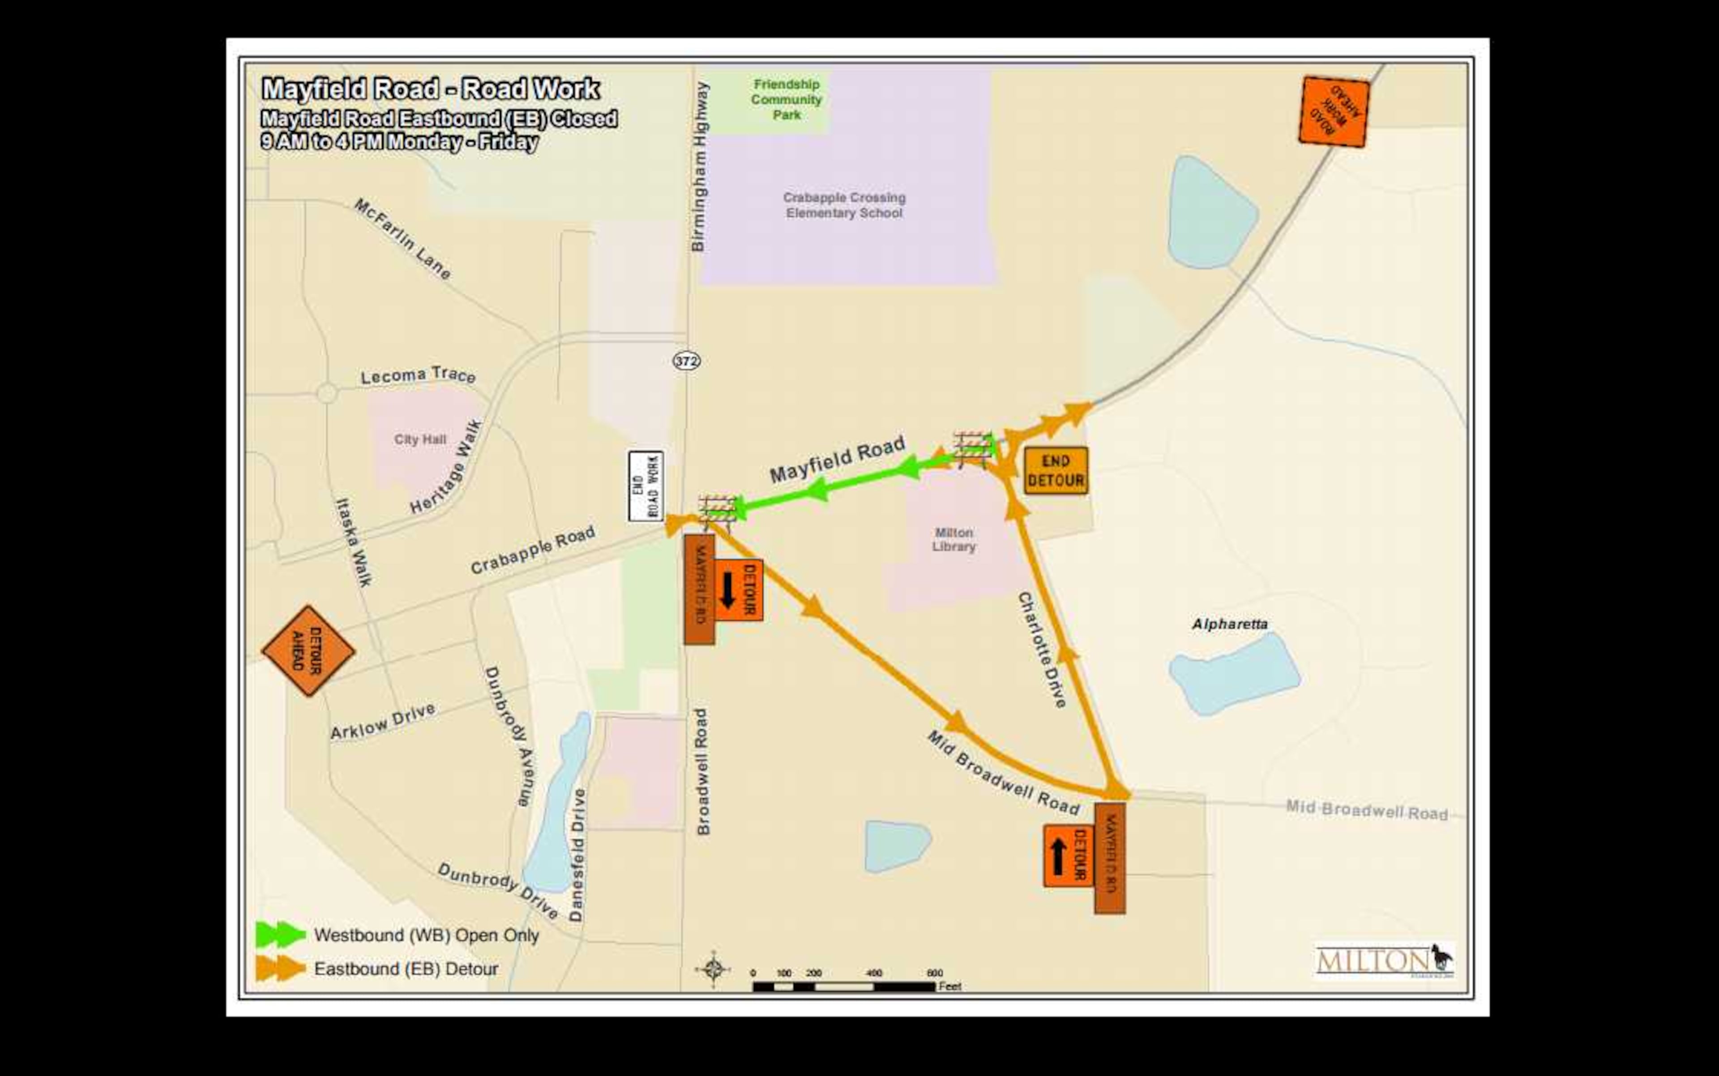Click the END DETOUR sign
point(1056,470)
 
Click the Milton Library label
point(954,539)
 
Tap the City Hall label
point(420,439)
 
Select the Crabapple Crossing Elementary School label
point(844,205)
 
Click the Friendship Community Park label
point(786,99)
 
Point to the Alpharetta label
point(1230,624)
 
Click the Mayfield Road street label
point(837,460)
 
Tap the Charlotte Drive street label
point(1042,649)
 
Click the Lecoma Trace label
point(418,375)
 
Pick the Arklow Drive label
point(383,722)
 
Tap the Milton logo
point(1383,961)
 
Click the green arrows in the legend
point(280,934)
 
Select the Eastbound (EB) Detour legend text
point(406,968)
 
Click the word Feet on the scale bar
point(949,986)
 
